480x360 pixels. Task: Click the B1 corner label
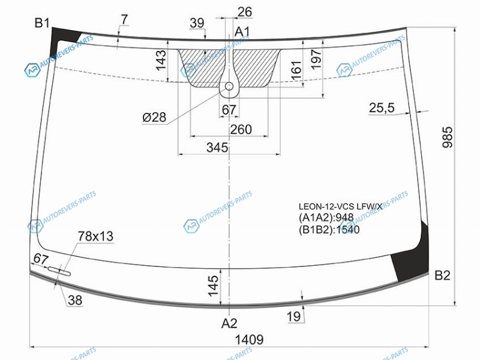pyautogui.click(x=42, y=23)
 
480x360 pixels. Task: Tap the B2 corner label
pyautogui.click(x=442, y=275)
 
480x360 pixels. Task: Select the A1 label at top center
pyautogui.click(x=242, y=32)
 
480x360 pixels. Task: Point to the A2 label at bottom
pyautogui.click(x=229, y=323)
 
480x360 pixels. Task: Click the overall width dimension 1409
pyautogui.click(x=249, y=340)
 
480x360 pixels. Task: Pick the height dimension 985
pyautogui.click(x=447, y=137)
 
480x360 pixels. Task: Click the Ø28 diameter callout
pyautogui.click(x=154, y=117)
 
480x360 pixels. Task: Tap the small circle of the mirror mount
pyautogui.click(x=229, y=86)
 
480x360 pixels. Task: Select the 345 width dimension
pyautogui.click(x=217, y=148)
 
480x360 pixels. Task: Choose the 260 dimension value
pyautogui.click(x=241, y=130)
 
